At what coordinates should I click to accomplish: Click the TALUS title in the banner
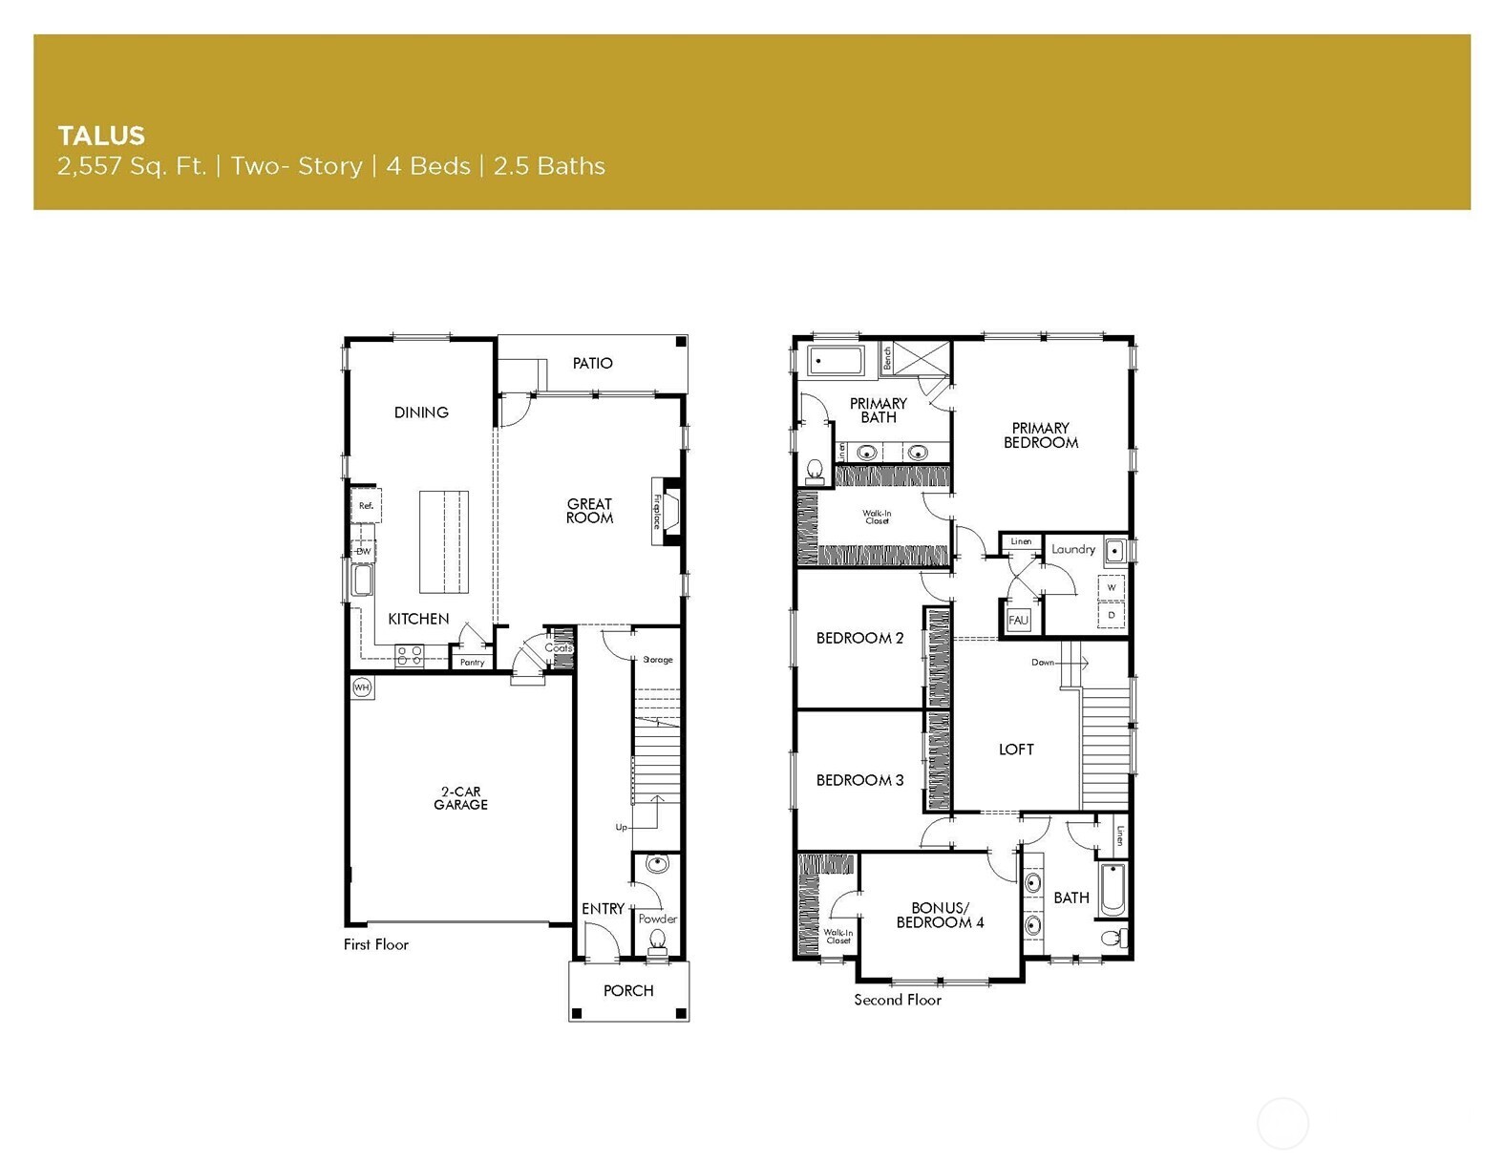click(x=101, y=136)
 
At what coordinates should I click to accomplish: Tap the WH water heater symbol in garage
click(x=362, y=687)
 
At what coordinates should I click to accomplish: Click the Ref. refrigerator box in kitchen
click(x=366, y=506)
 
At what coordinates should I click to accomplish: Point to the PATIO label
click(x=592, y=363)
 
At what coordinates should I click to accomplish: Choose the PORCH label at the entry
click(x=628, y=990)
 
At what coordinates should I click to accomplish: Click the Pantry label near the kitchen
click(x=473, y=662)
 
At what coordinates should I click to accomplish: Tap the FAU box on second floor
click(x=1018, y=620)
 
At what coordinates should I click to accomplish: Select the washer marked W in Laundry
click(x=1111, y=587)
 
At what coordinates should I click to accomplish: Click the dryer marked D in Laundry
click(x=1111, y=616)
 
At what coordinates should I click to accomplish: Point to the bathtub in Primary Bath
click(x=836, y=361)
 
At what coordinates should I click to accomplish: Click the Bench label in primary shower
click(x=887, y=358)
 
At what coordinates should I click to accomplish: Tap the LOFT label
click(x=1016, y=750)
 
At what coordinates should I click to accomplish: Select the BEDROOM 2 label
click(x=859, y=638)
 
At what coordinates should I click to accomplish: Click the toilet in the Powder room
click(x=657, y=940)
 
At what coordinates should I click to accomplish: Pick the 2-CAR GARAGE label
click(x=460, y=798)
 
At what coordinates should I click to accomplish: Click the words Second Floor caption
click(x=897, y=1000)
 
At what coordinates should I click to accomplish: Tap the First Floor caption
click(x=375, y=944)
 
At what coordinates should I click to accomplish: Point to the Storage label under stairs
click(x=657, y=660)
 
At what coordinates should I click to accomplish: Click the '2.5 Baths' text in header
click(x=549, y=166)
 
